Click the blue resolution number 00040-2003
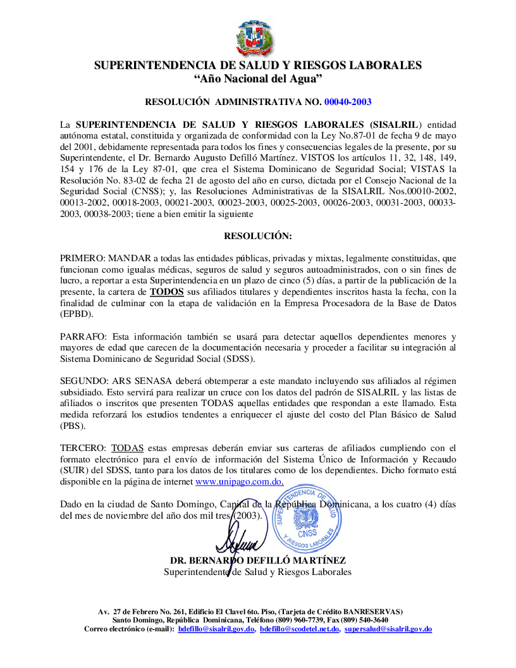point(348,101)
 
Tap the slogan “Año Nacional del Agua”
point(257,78)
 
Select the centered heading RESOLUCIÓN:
point(258,236)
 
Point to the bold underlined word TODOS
point(167,292)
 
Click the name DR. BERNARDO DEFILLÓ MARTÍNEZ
point(257,561)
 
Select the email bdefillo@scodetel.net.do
point(299,629)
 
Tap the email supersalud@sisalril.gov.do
point(388,629)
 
